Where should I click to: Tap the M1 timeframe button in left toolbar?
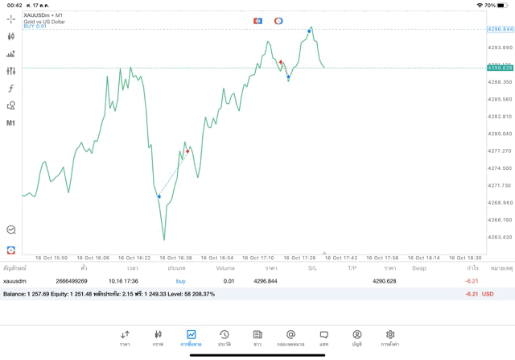pyautogui.click(x=10, y=123)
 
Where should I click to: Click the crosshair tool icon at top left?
pyautogui.click(x=10, y=19)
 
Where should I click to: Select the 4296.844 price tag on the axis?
pyautogui.click(x=500, y=29)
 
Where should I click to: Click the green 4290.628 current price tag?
pyautogui.click(x=500, y=68)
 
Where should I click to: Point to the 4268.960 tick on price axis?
pyautogui.click(x=500, y=202)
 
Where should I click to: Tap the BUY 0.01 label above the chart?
pyautogui.click(x=35, y=27)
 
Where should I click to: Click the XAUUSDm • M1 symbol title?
pyautogui.click(x=43, y=15)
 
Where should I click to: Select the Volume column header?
pyautogui.click(x=225, y=267)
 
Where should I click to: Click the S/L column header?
pyautogui.click(x=312, y=267)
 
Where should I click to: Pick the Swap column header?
pyautogui.click(x=418, y=267)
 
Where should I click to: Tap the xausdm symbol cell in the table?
pyautogui.click(x=15, y=281)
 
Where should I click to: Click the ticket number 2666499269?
pyautogui.click(x=72, y=281)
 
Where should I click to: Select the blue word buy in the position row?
pyautogui.click(x=180, y=281)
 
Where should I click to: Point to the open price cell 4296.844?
pyautogui.click(x=266, y=281)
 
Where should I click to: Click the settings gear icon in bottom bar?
pyautogui.click(x=390, y=336)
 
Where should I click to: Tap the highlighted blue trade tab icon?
pyautogui.click(x=191, y=336)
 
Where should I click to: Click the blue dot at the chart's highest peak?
pyautogui.click(x=309, y=31)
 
